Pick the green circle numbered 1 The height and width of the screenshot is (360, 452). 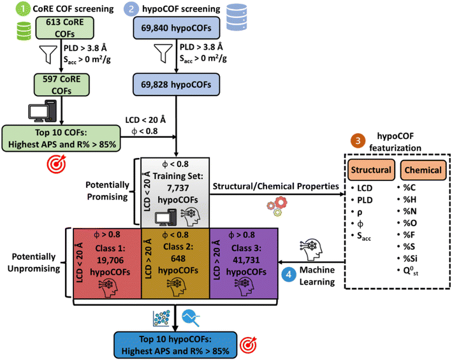pyautogui.click(x=8, y=9)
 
